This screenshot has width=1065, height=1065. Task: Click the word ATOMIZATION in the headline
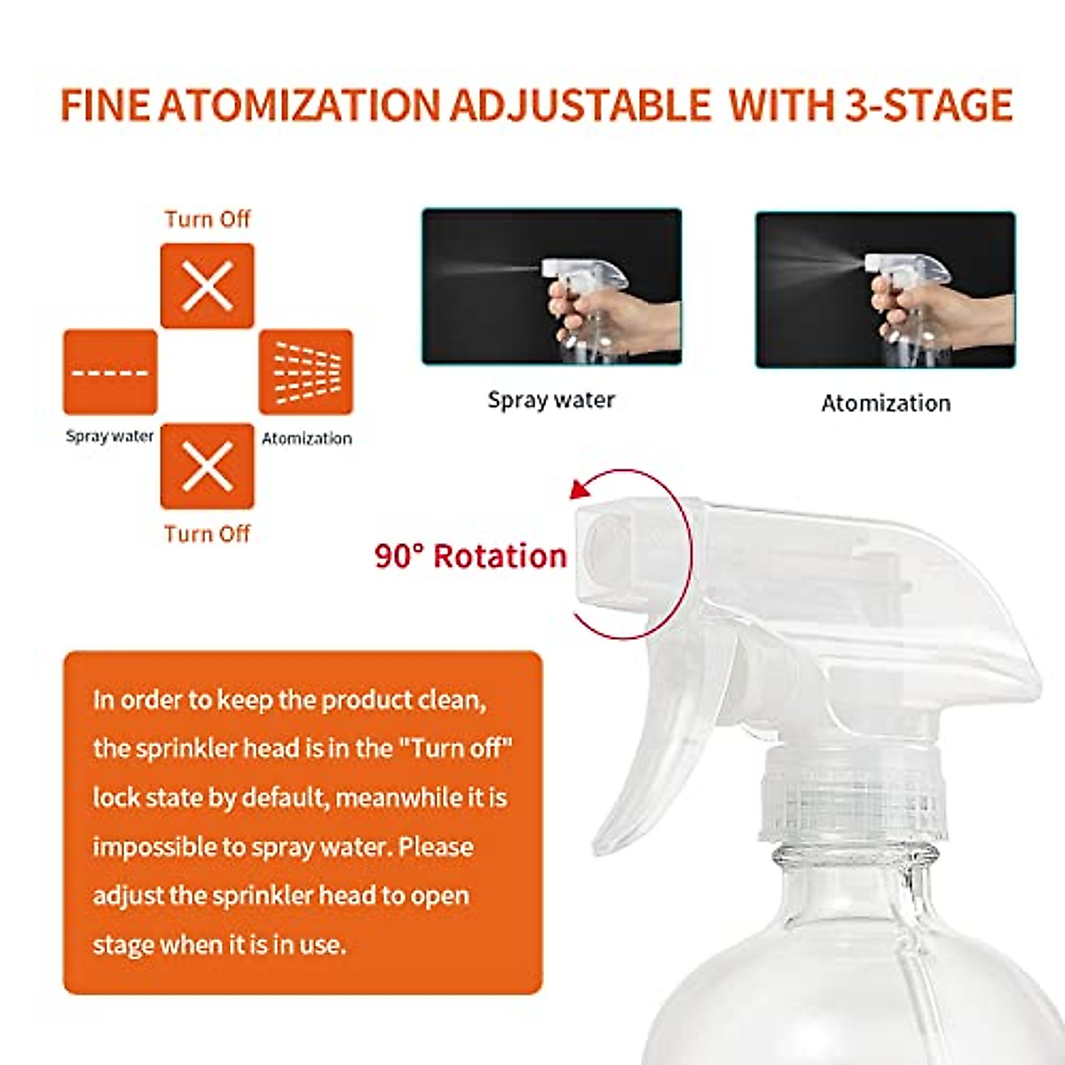click(300, 105)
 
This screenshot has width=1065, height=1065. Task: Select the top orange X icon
click(207, 286)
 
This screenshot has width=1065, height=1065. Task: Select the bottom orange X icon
click(207, 466)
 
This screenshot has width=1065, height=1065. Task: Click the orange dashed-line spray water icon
click(110, 373)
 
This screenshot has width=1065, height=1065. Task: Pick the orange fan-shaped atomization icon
click(305, 373)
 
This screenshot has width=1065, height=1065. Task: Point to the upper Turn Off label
click(207, 219)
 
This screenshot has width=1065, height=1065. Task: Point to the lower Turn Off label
click(207, 533)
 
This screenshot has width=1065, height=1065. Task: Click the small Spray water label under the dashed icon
click(109, 436)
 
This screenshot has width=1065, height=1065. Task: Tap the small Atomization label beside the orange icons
click(306, 438)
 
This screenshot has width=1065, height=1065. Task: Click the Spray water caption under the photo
click(551, 400)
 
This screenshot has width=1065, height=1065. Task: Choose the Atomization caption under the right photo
click(885, 404)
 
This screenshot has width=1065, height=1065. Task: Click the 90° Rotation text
click(470, 556)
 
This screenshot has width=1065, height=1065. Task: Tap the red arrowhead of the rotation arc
click(579, 489)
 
